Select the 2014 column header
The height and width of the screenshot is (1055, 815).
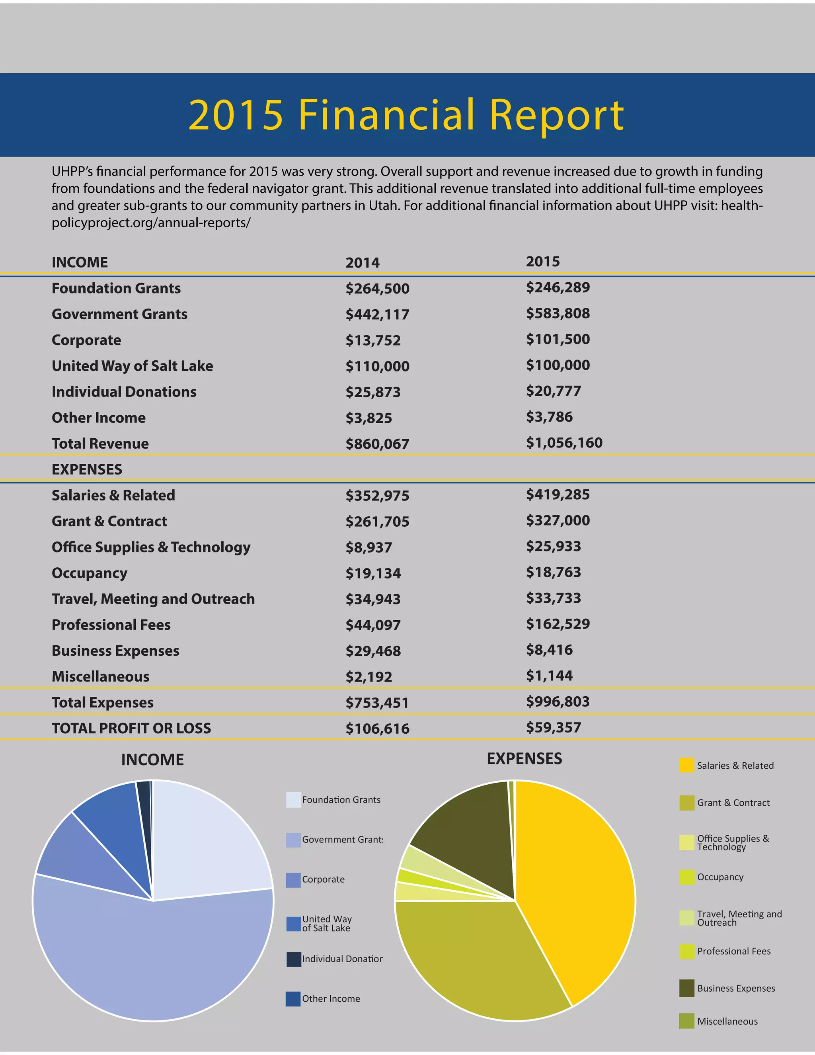[x=362, y=263]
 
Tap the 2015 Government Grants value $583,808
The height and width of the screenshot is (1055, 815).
[x=558, y=313]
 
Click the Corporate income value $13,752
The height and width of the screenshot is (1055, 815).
[x=373, y=340]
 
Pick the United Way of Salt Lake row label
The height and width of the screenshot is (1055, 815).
[x=132, y=366]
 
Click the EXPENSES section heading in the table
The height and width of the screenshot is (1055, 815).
[x=87, y=469]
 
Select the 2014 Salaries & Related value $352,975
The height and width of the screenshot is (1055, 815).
[x=377, y=496]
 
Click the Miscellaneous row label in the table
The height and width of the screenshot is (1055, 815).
[x=100, y=676]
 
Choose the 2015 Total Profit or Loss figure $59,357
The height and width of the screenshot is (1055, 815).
[x=553, y=727]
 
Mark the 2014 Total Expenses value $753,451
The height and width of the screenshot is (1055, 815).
[x=377, y=702]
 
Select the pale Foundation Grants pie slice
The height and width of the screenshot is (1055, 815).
[x=208, y=840]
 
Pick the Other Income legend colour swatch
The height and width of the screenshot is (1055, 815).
[x=293, y=998]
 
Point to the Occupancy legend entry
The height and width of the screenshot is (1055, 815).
[x=719, y=877]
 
